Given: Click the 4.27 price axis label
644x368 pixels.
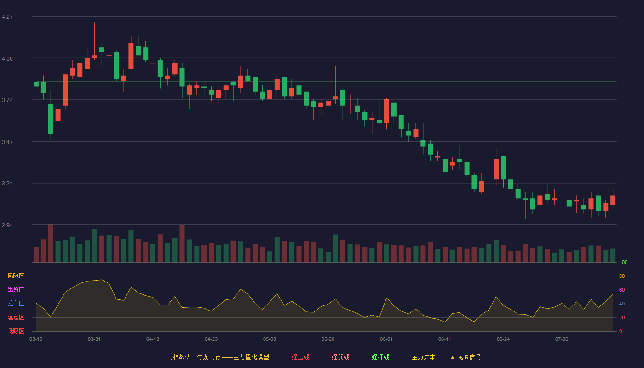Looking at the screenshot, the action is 7,17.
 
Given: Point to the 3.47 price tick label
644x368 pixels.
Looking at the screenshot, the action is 7,142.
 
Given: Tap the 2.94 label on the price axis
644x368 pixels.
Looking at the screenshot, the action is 7,225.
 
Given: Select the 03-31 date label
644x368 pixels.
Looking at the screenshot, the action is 94,339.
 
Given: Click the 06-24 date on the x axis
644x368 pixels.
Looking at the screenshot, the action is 503,339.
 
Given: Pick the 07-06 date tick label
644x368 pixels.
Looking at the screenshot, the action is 562,339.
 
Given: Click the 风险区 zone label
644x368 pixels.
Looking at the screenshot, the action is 16,276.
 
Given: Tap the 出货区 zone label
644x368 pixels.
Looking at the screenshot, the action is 16,289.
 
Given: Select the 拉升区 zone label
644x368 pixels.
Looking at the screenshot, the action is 16,303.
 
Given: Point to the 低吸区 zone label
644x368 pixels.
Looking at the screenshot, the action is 16,331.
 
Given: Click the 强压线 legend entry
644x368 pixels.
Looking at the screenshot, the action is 297,357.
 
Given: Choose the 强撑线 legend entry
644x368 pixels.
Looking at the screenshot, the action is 377,357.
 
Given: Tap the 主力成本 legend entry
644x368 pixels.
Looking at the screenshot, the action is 420,357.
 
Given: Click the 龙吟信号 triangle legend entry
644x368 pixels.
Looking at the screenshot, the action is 466,357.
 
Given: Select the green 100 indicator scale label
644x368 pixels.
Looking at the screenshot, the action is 623,262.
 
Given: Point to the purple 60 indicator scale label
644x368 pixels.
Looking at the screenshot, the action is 622,290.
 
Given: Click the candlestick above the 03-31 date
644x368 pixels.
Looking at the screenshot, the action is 94,57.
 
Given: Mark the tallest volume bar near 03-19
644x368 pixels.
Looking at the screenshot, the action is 51,243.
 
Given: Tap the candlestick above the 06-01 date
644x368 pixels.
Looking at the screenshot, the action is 386,111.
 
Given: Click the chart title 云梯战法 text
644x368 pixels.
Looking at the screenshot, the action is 178,357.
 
